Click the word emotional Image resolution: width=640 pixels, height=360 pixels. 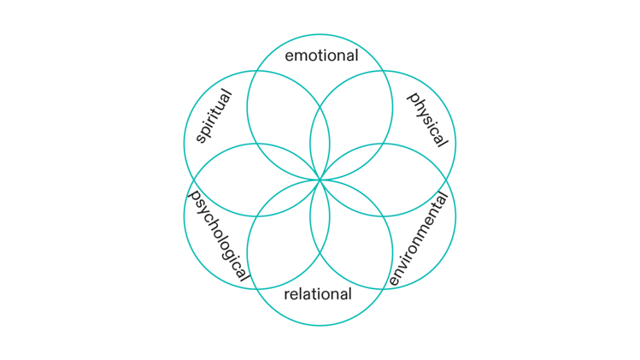[320, 57]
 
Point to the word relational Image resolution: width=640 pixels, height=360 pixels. [318, 295]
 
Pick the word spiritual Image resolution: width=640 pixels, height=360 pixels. [214, 116]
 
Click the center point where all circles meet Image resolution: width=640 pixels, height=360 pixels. [320, 180]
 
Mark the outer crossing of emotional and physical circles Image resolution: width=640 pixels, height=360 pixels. [383, 71]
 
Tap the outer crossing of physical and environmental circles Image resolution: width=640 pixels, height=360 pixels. [446, 180]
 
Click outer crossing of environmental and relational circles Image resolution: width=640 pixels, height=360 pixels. [383, 289]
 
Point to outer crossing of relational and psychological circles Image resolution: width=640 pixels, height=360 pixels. [256, 289]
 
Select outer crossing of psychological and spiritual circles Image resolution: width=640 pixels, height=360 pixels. [194, 180]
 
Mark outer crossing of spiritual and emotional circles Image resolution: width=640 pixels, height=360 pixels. [257, 71]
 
